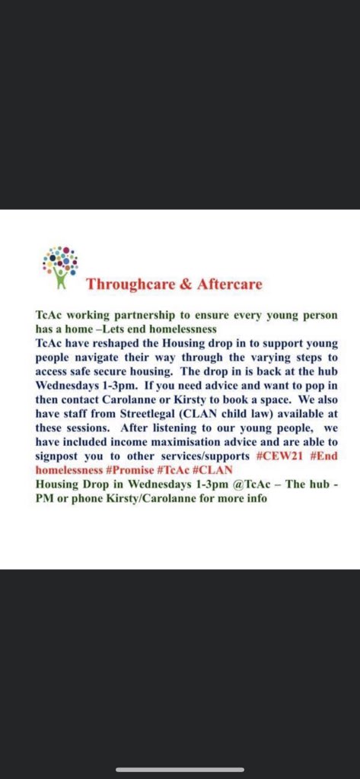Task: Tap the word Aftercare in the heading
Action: click(228, 285)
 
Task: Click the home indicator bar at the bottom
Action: click(180, 769)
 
